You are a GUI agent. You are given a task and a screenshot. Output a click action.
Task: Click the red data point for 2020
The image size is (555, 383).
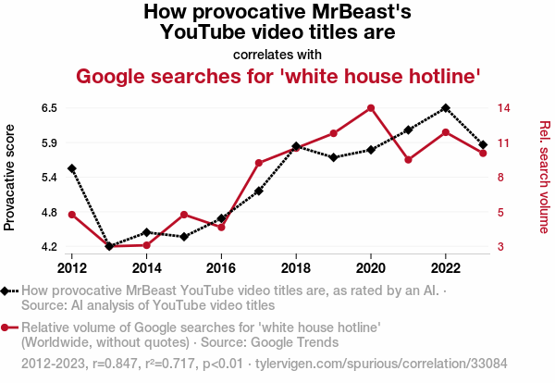tap(371, 108)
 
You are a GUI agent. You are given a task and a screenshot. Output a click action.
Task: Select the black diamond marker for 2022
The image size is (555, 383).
tap(446, 108)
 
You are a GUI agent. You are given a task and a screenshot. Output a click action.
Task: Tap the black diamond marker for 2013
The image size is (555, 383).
tap(109, 246)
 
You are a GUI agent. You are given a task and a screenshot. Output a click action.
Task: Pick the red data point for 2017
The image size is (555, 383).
tap(259, 163)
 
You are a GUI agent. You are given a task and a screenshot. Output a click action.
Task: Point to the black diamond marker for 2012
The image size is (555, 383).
tap(72, 168)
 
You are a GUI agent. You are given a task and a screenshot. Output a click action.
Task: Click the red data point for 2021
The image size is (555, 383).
tap(408, 160)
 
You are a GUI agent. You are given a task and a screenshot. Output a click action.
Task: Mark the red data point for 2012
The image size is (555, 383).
tap(72, 215)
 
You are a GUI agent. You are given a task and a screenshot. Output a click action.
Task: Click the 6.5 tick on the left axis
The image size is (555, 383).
tap(49, 108)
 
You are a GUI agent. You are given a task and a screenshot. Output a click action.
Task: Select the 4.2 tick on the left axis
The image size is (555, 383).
tap(49, 247)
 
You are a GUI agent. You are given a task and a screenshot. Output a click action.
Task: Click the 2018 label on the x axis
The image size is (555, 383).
tap(296, 267)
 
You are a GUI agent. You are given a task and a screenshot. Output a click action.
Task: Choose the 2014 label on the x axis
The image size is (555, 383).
tap(146, 267)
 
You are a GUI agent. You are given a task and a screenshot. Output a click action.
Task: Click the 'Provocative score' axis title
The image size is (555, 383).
tap(10, 178)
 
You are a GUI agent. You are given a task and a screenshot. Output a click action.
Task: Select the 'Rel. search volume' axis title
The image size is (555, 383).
tap(544, 178)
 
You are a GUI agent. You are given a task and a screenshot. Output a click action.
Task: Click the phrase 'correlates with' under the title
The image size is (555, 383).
tap(277, 54)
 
